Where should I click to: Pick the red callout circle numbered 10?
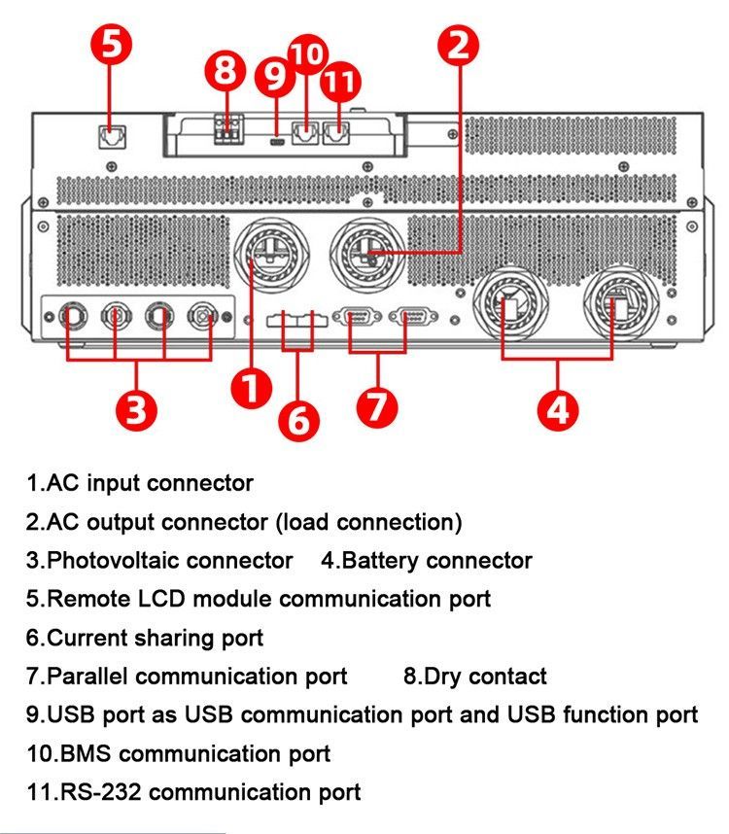pos(308,53)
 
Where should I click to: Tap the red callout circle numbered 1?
pos(250,390)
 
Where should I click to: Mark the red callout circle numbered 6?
pos(298,420)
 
